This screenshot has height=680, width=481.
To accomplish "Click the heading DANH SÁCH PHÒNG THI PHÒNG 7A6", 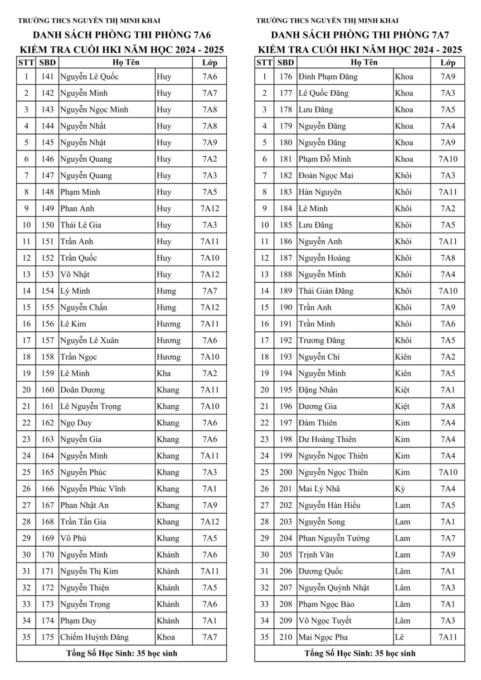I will click(x=121, y=35).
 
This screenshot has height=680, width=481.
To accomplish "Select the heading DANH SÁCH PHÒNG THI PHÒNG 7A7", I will click(x=360, y=35).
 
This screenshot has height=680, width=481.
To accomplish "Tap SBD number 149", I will click(x=47, y=209).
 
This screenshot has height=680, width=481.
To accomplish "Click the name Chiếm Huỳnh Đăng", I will click(x=94, y=637).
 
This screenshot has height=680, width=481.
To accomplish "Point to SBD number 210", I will click(x=286, y=637).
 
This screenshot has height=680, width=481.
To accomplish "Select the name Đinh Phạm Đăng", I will click(x=328, y=77).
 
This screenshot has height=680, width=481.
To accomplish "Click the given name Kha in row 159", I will click(x=164, y=374).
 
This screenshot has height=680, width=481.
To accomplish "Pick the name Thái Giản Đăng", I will click(x=326, y=291).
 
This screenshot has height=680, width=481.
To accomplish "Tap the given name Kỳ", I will click(x=400, y=489).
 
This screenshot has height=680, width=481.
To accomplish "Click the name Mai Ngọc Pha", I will click(x=323, y=637).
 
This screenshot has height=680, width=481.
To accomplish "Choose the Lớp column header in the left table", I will click(x=209, y=63).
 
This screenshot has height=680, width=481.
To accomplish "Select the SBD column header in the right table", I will click(x=286, y=63).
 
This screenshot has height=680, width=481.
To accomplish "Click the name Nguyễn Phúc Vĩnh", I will click(x=92, y=489).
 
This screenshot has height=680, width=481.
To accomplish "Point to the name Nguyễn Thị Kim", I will click(x=89, y=571).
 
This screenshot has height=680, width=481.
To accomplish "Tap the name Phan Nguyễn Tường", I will click(x=334, y=538).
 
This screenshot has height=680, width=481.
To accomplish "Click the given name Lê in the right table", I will click(x=399, y=637).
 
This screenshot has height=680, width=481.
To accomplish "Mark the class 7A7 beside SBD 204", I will click(x=447, y=538).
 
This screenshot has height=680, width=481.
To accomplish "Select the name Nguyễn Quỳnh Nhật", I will click(x=334, y=588).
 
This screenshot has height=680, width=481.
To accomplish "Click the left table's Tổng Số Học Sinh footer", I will click(x=121, y=653).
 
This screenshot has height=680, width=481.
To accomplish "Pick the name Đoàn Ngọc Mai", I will click(x=326, y=175).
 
